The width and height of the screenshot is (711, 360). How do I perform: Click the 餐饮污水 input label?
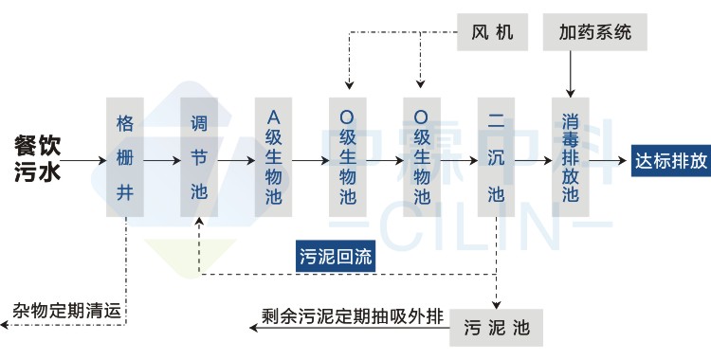(x=37, y=158)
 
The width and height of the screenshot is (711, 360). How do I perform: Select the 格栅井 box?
(x=125, y=157)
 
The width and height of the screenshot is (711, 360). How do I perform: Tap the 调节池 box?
(x=199, y=157)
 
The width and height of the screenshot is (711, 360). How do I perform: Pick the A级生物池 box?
(x=273, y=157)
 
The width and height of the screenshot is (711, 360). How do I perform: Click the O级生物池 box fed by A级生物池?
(x=348, y=157)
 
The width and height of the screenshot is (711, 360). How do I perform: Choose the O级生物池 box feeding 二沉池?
(x=422, y=157)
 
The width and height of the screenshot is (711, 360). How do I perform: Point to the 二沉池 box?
(x=496, y=157)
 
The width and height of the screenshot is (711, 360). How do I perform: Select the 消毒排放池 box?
(x=571, y=157)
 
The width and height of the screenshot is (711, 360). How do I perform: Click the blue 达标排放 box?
(x=671, y=160)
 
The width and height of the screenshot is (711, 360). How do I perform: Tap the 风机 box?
(x=492, y=32)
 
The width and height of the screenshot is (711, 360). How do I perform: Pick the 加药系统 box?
(x=595, y=32)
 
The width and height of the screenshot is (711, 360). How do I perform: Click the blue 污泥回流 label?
(x=336, y=256)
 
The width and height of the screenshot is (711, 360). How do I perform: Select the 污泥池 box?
(x=496, y=328)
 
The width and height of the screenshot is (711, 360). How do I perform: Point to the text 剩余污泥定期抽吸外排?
(x=353, y=316)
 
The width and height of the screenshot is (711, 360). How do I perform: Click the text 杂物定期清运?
(x=66, y=311)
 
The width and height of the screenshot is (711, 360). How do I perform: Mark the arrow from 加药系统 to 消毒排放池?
(x=571, y=74)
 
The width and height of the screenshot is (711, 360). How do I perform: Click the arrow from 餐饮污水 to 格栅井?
(x=83, y=160)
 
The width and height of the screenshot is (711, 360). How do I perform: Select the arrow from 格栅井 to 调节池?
(x=162, y=160)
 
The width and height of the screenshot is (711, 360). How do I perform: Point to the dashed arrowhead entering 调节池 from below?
(x=199, y=222)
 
